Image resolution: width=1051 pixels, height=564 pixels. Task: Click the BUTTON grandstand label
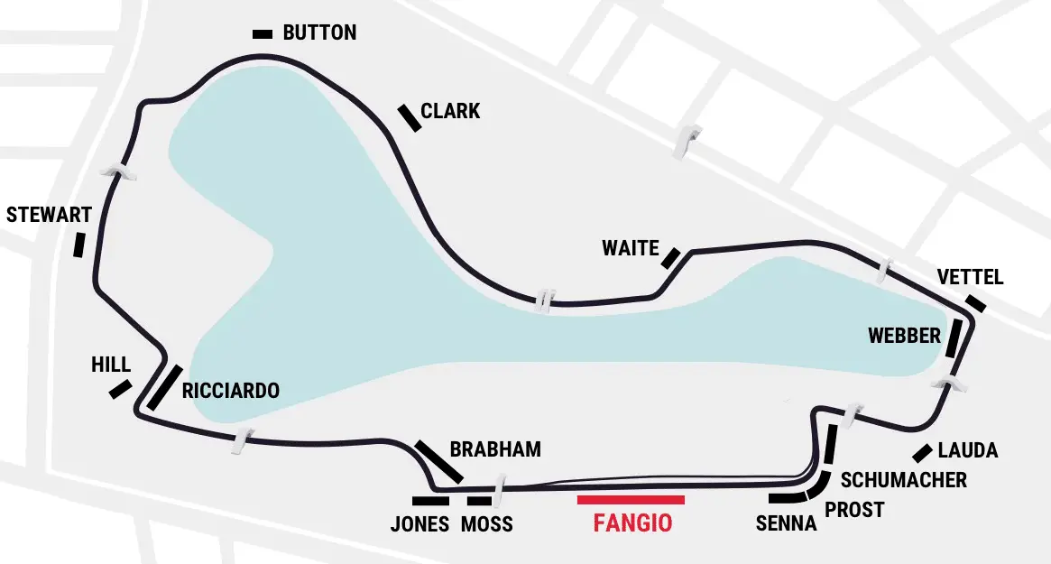pos(319,33)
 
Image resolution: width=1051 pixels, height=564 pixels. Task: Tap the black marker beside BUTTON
pos(263,34)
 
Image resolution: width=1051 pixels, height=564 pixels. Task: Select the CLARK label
pos(450,112)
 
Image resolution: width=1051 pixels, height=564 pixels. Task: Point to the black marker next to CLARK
pos(410,118)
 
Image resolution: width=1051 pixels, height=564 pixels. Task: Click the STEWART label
pos(49,215)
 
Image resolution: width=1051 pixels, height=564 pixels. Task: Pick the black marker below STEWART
pos(79,245)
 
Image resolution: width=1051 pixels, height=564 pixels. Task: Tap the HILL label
pos(111,365)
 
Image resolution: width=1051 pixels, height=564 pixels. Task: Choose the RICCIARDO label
pos(231,392)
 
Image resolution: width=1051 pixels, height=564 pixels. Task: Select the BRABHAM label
pos(495,449)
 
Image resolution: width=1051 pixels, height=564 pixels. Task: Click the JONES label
pos(419,524)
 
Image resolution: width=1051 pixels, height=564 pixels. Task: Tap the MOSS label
pos(486,524)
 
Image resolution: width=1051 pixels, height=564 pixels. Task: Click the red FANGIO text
pos(632,523)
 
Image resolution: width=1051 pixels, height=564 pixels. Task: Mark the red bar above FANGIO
pos(631,499)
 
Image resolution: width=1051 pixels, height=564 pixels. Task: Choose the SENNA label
pos(786,524)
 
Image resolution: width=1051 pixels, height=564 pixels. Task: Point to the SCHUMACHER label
pos(903,480)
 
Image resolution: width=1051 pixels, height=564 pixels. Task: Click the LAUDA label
pos(968,450)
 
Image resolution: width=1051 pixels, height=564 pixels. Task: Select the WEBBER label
pos(904,336)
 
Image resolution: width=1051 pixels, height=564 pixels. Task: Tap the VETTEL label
pos(970,277)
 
